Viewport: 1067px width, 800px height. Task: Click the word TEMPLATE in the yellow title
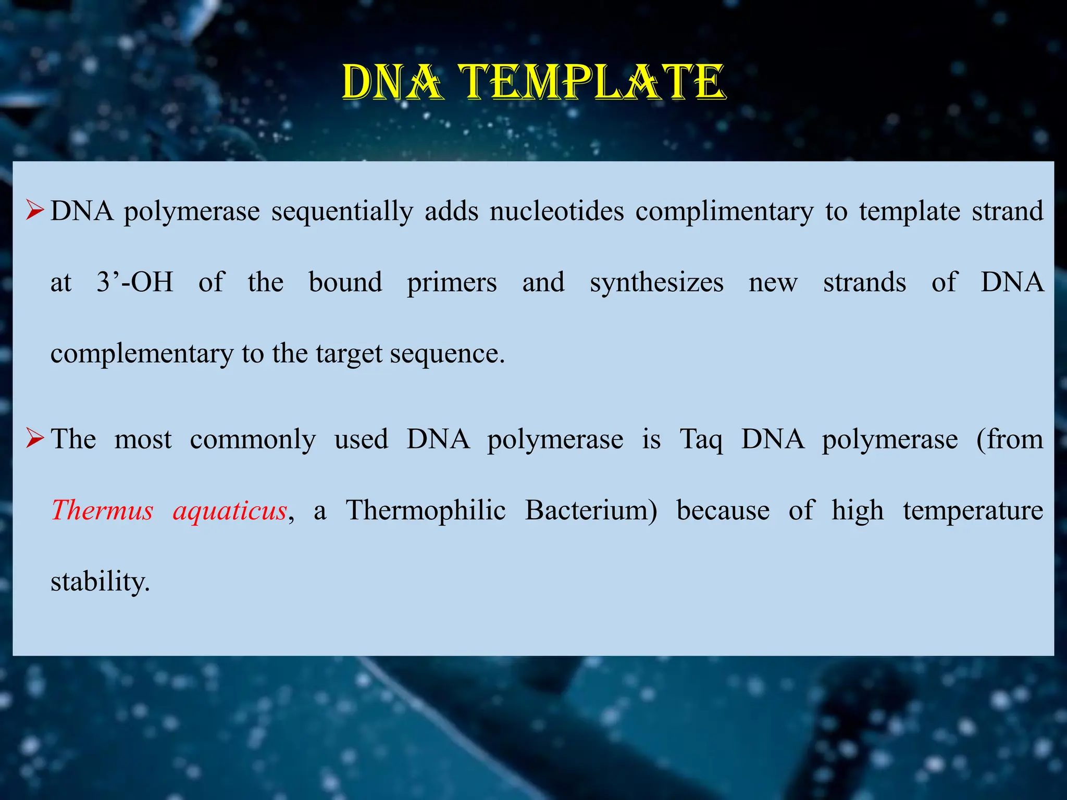pos(593,82)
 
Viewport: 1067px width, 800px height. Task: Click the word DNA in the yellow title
pos(393,82)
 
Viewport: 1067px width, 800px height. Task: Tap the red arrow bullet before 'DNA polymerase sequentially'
pos(34,211)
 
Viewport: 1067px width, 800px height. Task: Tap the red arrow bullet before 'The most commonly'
pos(34,439)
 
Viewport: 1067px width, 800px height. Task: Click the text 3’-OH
pos(135,282)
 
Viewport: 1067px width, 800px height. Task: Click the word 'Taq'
pos(701,439)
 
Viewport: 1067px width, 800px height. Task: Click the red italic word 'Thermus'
pos(102,509)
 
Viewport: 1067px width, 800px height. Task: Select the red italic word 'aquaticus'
pos(230,510)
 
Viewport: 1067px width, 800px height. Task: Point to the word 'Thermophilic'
pos(426,510)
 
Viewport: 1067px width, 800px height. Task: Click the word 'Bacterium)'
pos(591,509)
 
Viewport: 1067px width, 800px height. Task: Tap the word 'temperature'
pos(973,510)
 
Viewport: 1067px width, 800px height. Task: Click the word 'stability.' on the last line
pos(100,581)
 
